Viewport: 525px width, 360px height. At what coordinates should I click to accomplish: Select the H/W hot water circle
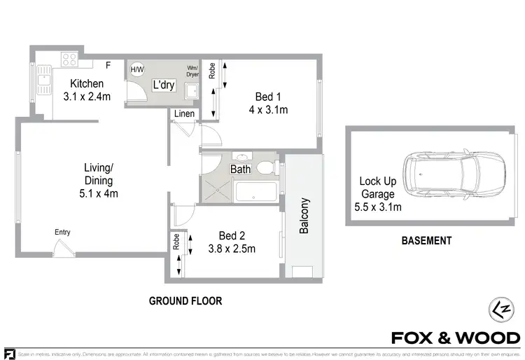point(137,69)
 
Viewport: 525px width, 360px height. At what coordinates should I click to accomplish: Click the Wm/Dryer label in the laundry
point(192,71)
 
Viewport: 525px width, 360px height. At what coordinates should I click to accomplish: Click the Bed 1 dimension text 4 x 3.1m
point(269,110)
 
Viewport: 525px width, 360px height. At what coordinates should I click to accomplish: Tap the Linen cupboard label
point(185,114)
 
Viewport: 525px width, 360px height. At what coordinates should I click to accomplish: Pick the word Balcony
point(304,216)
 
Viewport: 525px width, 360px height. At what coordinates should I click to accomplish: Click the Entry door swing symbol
point(62,246)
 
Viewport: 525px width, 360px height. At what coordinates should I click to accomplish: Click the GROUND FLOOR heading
point(185,301)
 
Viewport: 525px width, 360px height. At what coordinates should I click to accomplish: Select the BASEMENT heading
point(426,241)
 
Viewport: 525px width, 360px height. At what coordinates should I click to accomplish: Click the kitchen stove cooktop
point(70,60)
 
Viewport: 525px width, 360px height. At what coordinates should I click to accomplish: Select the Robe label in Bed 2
point(175,242)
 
